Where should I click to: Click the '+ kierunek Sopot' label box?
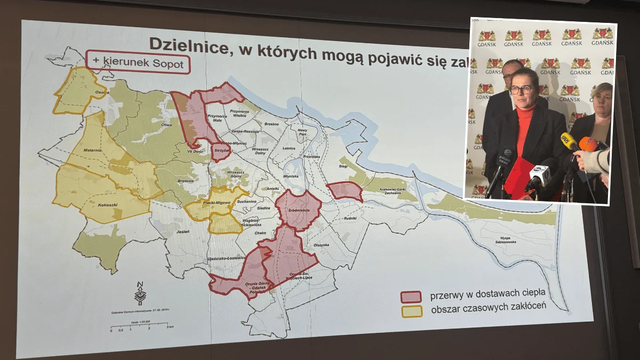138,63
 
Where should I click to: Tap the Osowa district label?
102,92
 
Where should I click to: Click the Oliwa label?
167,125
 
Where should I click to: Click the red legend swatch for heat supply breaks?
411,297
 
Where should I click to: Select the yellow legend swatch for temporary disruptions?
411,311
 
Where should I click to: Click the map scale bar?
139,325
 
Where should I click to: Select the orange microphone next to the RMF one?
588,144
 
